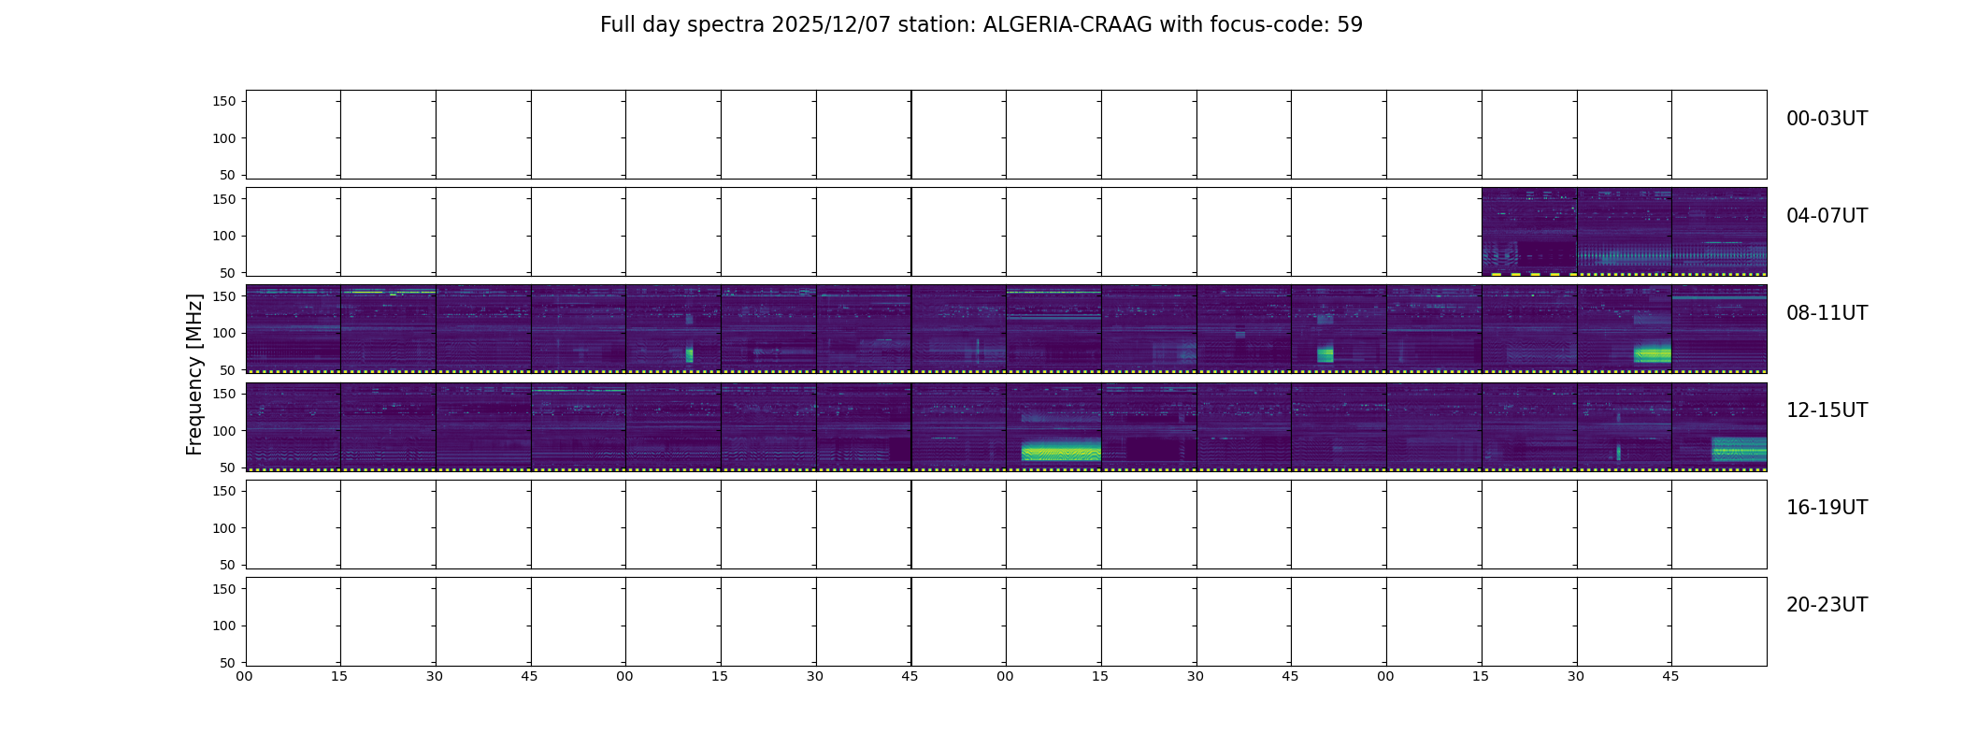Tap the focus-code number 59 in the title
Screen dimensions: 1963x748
click(x=1350, y=25)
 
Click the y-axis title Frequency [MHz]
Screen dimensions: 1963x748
click(x=194, y=374)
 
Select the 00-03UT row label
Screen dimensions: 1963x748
click(x=1827, y=119)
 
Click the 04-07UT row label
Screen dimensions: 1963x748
click(x=1827, y=216)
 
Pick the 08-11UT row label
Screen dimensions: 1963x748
click(x=1827, y=313)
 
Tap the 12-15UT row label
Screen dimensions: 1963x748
click(x=1827, y=410)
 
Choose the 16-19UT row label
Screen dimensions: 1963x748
click(x=1827, y=508)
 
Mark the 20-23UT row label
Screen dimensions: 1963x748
click(x=1827, y=605)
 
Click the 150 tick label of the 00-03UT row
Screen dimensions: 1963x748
click(x=224, y=101)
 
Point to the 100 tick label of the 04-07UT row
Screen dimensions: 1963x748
click(x=224, y=236)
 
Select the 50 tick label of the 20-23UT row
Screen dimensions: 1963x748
click(x=228, y=663)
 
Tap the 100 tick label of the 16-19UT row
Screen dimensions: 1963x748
click(x=224, y=528)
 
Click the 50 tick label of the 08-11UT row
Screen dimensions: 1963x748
click(x=228, y=370)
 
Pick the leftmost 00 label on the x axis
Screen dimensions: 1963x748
click(x=244, y=676)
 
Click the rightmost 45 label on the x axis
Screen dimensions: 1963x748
click(x=1670, y=676)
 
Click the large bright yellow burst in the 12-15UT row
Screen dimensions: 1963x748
click(x=1061, y=452)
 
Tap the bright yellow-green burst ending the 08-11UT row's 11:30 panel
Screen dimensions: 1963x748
click(x=1652, y=353)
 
